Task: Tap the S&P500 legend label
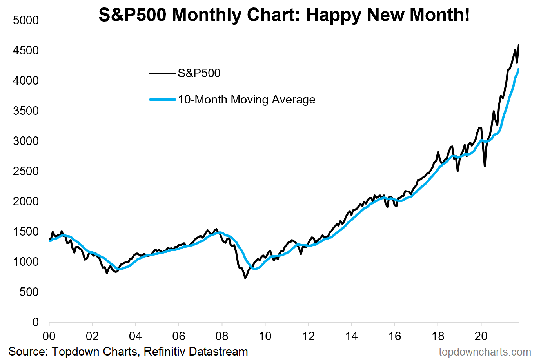[x=199, y=73]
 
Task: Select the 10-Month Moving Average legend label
[x=247, y=100]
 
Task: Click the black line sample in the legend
[x=162, y=73]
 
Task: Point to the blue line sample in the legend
[x=162, y=100]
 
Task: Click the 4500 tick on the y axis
[x=26, y=51]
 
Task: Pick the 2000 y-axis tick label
[x=26, y=201]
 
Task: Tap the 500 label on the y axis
[x=29, y=292]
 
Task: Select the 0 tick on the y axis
[x=36, y=322]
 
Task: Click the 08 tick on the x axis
[x=222, y=336]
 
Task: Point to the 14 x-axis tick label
[x=352, y=336]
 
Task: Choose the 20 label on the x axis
[x=481, y=336]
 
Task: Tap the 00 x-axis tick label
[x=49, y=336]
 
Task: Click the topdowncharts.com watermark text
[x=485, y=352]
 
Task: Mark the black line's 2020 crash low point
[x=485, y=167]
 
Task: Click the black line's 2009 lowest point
[x=245, y=278]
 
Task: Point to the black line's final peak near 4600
[x=519, y=44]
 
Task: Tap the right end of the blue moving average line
[x=519, y=69]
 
